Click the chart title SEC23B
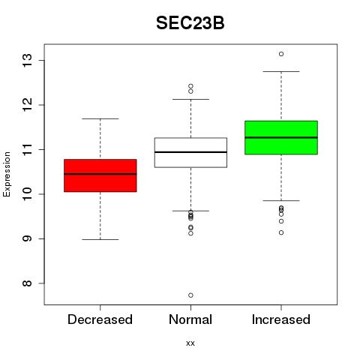tap(190, 23)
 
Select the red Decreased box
tap(100, 175)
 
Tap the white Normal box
tap(190, 152)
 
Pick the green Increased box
tap(281, 137)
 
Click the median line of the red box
tap(100, 174)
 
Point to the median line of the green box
tap(281, 137)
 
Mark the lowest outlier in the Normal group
tap(190, 295)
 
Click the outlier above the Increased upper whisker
tap(281, 54)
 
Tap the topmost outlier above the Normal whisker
tap(190, 86)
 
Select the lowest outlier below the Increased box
tap(281, 232)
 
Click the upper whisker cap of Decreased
tap(100, 118)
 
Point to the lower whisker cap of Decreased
tap(100, 239)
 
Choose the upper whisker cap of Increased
tap(281, 71)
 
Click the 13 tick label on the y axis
tap(28, 60)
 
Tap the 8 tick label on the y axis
tap(28, 283)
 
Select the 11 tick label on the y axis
tap(28, 149)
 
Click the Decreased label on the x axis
tap(100, 319)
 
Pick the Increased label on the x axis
tap(281, 319)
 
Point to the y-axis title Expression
tap(7, 174)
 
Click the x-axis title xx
tap(190, 343)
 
